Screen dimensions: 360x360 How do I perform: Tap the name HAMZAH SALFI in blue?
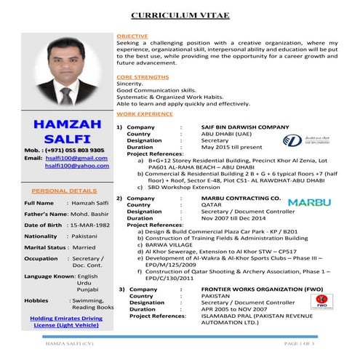coord(57,132)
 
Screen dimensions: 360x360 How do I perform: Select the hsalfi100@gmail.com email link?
coord(71,158)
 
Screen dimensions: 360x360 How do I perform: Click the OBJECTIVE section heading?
coord(132,36)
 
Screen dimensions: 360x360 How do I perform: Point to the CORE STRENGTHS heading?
coord(142,76)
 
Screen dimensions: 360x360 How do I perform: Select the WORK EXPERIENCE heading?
coord(145,114)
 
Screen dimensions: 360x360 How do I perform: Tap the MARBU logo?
coord(308,203)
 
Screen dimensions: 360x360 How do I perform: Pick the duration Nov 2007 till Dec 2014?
coord(234,218)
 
